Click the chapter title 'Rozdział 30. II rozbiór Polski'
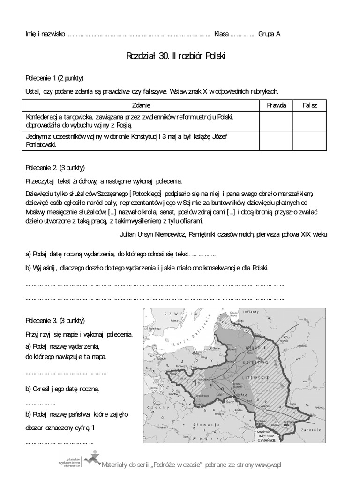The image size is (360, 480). [176, 56]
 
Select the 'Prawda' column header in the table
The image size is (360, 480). [276, 105]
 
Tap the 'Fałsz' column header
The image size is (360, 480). [309, 105]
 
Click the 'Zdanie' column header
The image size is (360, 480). [141, 105]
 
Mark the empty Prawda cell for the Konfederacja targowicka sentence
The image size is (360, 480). [276, 121]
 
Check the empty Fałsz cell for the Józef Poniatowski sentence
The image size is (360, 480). [309, 141]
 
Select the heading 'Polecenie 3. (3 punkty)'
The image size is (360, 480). [55, 321]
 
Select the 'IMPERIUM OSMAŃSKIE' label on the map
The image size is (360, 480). [266, 438]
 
